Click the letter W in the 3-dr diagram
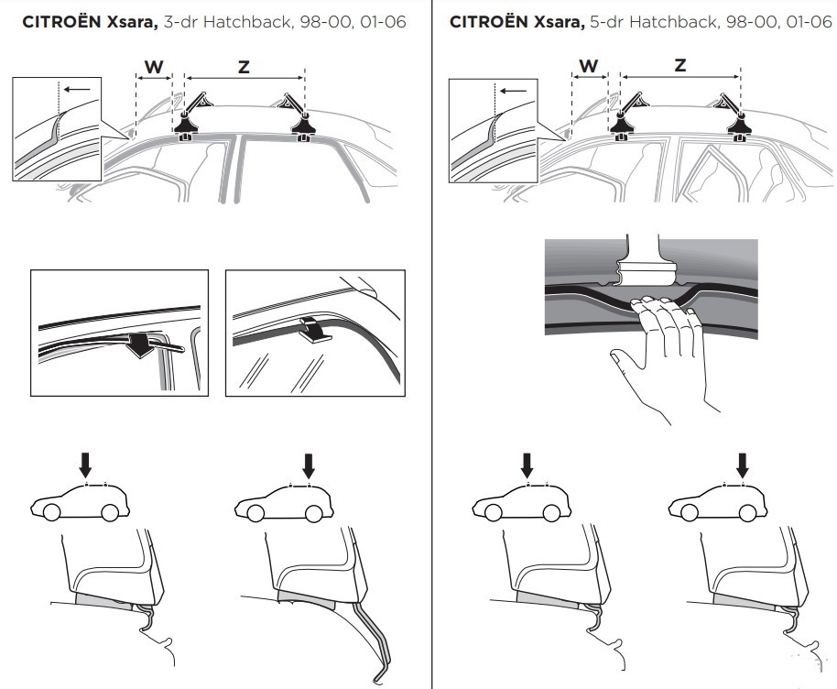[x=154, y=67]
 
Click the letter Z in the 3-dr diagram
[x=244, y=67]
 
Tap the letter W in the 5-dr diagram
[x=589, y=66]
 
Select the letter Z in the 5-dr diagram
[x=680, y=65]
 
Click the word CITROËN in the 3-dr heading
[x=62, y=22]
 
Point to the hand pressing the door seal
[x=662, y=353]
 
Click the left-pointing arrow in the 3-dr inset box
[x=76, y=88]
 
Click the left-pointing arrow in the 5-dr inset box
[x=514, y=91]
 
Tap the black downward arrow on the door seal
[x=139, y=345]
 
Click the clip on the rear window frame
[x=315, y=330]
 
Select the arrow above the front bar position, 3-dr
[x=85, y=465]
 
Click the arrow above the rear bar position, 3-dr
[x=308, y=465]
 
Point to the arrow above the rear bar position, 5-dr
[x=742, y=465]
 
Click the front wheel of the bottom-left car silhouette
[x=52, y=513]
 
